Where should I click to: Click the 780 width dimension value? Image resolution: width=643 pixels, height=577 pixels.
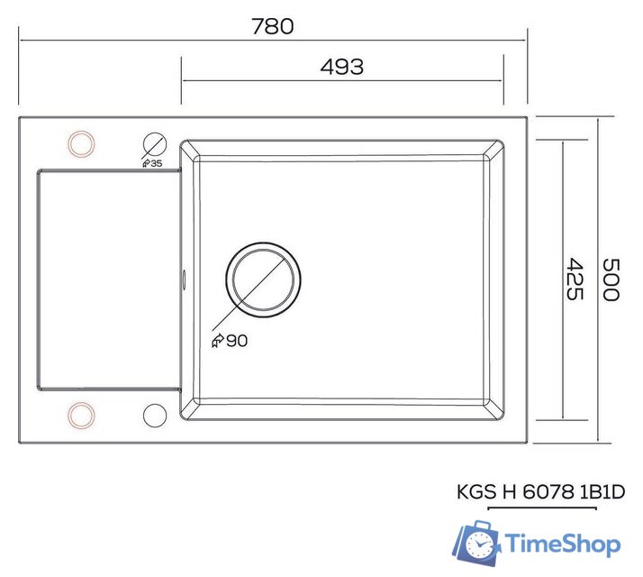point(271,26)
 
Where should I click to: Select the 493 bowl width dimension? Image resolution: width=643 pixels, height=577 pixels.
point(341,67)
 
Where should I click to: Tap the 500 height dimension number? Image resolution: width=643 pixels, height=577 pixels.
point(611,279)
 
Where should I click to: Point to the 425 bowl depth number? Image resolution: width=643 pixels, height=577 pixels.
point(576,279)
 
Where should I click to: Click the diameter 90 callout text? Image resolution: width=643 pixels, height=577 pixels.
point(230,340)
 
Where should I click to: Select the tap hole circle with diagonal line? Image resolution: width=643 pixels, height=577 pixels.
point(155,144)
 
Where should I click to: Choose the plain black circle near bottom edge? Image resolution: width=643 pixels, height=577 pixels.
point(155,414)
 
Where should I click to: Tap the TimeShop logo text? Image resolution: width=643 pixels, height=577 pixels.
point(562,545)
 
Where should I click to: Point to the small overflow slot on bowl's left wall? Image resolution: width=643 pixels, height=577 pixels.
point(184,279)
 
